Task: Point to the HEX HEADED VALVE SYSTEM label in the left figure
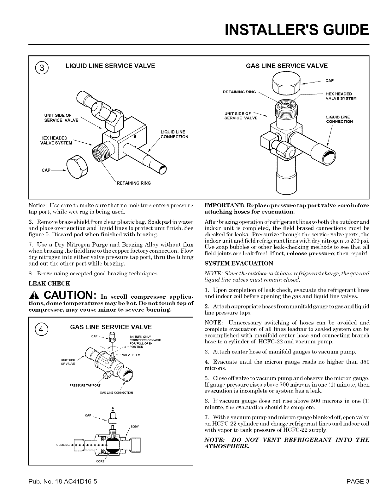point(54,141)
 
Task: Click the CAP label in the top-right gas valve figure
point(330,81)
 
